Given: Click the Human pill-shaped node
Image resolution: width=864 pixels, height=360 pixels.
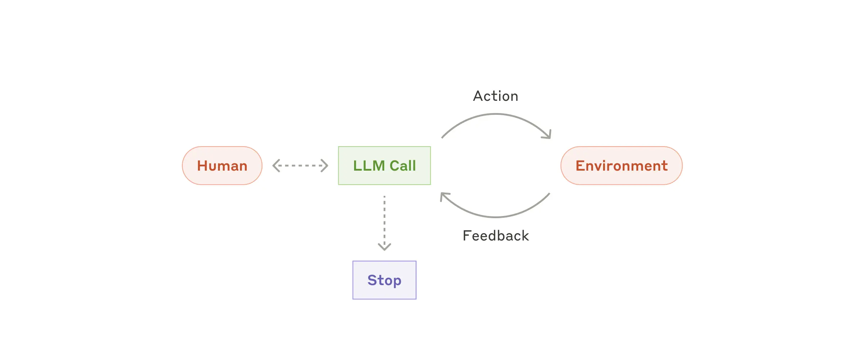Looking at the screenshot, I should [222, 166].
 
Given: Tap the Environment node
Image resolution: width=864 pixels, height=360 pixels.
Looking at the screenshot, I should [621, 166].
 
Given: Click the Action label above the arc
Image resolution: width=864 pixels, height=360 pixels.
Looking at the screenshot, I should [496, 96].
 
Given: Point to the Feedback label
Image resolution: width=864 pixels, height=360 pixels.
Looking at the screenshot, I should [496, 236].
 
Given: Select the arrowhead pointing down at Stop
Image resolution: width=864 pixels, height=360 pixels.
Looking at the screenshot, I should [384, 247].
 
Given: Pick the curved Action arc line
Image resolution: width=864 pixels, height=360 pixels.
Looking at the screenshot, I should [496, 114].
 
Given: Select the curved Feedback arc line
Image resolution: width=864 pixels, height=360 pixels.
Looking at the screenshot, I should [496, 217].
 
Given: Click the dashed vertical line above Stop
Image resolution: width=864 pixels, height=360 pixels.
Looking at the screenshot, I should [384, 220].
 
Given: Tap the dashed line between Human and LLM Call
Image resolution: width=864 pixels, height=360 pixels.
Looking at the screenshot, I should [300, 166].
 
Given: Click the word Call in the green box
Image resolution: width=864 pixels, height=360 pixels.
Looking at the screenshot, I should [403, 166].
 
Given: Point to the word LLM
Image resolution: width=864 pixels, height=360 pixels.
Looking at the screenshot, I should [369, 166].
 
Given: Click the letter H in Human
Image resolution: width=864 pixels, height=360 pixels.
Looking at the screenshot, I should [202, 166].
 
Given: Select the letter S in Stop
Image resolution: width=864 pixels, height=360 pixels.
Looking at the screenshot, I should [372, 280].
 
